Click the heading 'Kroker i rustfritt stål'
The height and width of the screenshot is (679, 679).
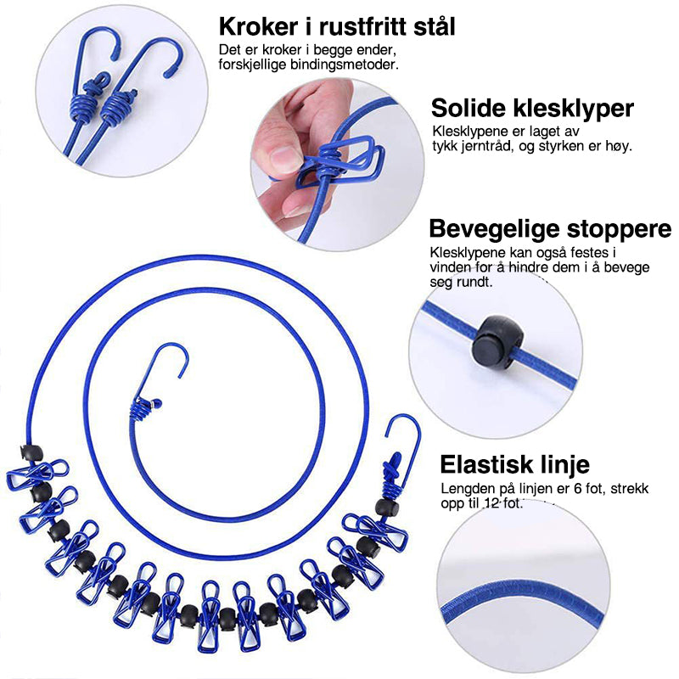tap(336, 26)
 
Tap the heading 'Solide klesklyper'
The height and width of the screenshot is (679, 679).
tap(532, 109)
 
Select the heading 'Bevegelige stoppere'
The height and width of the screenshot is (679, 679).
tap(550, 229)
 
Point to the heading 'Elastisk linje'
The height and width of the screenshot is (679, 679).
tap(514, 464)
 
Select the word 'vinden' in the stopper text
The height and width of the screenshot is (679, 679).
tap(452, 267)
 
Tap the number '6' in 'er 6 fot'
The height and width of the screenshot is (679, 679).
tap(568, 489)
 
